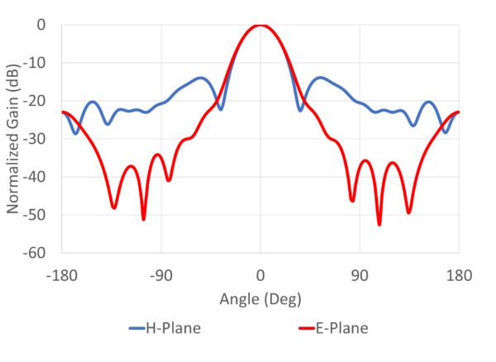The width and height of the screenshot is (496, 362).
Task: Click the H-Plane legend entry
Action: click(165, 329)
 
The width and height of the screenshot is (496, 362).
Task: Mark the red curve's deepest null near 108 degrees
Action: click(379, 224)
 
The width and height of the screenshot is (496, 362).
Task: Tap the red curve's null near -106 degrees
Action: click(144, 219)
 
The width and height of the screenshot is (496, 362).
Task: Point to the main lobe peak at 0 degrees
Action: click(260, 26)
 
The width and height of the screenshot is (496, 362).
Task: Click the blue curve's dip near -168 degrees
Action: click(75, 133)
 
